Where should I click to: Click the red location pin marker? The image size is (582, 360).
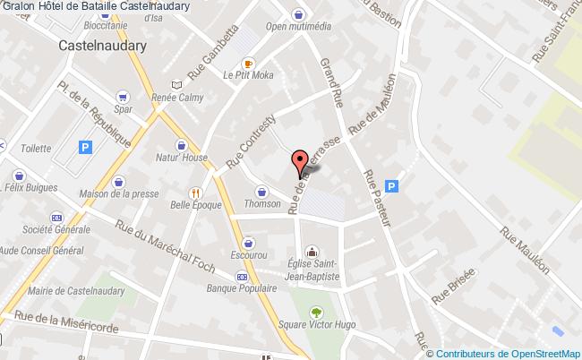[300, 162]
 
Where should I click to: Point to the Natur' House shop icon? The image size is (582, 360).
[183, 145]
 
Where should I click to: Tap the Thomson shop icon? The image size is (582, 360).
[261, 190]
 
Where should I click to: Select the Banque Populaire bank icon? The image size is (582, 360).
[242, 277]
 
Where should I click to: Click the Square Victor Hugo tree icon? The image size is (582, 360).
[315, 312]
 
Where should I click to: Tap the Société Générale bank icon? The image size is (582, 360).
[56, 218]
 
